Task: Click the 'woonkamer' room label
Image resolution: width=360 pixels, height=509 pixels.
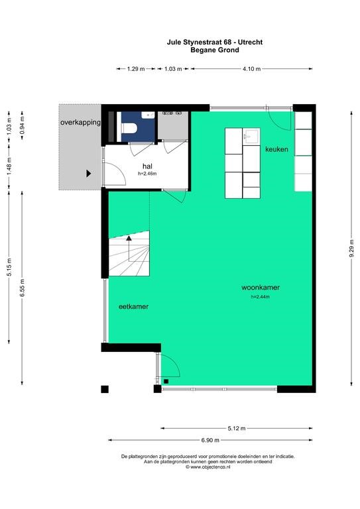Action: pos(261,287)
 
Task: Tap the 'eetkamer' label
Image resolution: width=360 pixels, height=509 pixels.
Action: pos(133,306)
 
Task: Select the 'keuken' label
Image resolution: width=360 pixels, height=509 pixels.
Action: pos(276,149)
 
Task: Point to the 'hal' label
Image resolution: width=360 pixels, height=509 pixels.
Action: pos(147,166)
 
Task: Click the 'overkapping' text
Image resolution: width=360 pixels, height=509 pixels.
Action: pos(80,123)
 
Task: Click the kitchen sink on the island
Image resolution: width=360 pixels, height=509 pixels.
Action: pos(251,136)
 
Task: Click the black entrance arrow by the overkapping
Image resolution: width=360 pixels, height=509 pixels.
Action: pos(89,174)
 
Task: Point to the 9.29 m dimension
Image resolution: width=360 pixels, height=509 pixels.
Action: pos(351,249)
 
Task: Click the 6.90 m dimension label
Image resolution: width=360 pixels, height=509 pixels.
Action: pos(210,440)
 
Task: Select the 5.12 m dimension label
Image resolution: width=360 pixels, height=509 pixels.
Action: pos(237,428)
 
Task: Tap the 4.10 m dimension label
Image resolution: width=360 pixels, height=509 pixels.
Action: pos(251,69)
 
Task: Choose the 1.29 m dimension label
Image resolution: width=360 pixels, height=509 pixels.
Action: pos(136,69)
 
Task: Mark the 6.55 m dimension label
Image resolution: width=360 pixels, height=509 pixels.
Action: pos(22,288)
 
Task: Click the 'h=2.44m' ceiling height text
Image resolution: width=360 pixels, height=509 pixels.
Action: pos(261,297)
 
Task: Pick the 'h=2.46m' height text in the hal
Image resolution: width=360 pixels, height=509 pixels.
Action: pos(147,174)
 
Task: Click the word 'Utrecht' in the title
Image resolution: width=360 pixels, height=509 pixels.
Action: pos(251,42)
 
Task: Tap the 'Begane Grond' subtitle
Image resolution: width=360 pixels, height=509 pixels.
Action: pos(215,50)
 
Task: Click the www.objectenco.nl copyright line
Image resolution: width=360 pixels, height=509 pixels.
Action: pos(208,467)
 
